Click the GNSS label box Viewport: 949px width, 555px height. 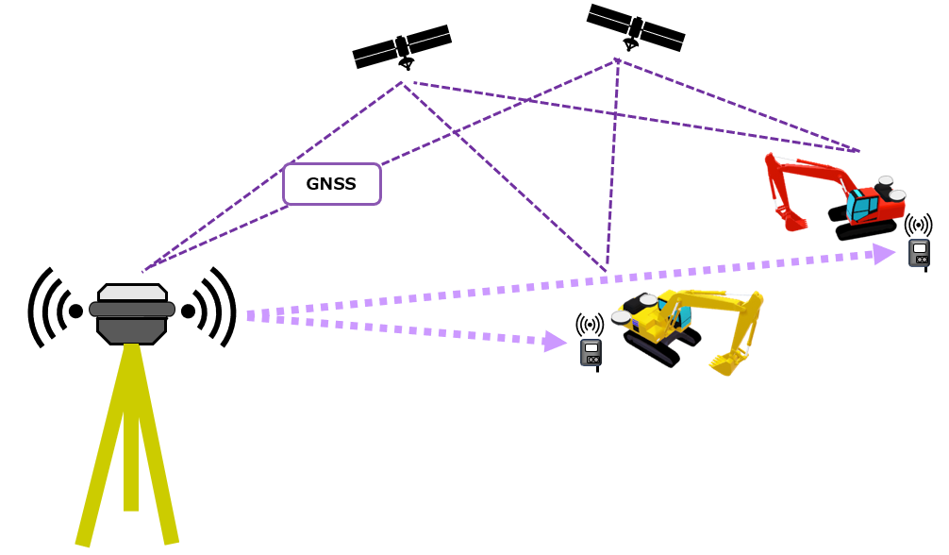tap(331, 184)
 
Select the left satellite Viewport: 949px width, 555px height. tap(402, 46)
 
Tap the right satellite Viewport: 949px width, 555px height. tap(636, 28)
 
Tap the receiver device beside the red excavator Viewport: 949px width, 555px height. tap(919, 253)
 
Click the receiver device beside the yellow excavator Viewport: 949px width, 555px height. tap(591, 352)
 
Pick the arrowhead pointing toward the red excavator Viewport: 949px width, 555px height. tap(884, 253)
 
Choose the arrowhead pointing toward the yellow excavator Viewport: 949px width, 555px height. tap(555, 341)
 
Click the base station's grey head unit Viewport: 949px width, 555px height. tap(132, 313)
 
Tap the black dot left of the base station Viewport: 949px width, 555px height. tap(75, 311)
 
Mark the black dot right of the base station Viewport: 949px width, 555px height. tap(189, 311)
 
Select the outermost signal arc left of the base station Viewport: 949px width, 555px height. tap(33, 308)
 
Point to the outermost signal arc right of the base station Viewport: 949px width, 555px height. tap(231, 307)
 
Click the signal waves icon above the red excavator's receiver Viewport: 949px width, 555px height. tap(918, 226)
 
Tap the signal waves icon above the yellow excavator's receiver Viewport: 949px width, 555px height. tap(590, 326)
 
